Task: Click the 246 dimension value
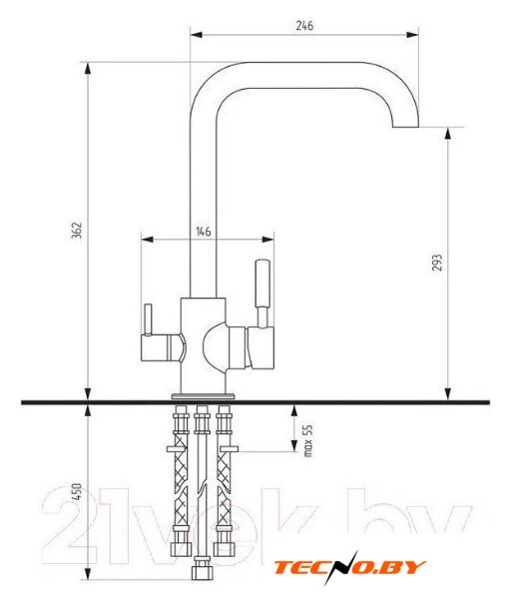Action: pos(304,25)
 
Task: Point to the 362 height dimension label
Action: pos(77,230)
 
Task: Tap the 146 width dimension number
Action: pos(203,232)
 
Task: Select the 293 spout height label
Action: pos(437,262)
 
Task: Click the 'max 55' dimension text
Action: pos(308,440)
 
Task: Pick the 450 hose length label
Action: pos(77,491)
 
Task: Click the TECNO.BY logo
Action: pos(349,568)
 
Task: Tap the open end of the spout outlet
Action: pos(405,127)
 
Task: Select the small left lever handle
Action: pos(148,319)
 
